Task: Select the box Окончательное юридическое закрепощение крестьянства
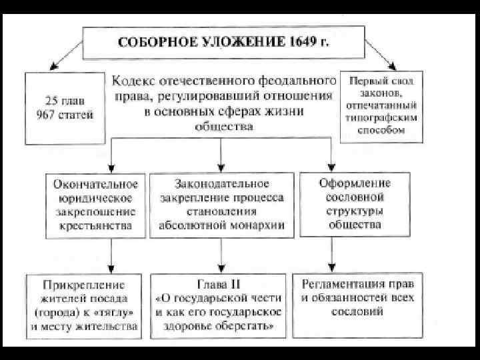click(x=91, y=205)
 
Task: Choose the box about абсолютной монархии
click(x=221, y=205)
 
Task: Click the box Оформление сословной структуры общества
click(x=354, y=205)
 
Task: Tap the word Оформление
click(x=355, y=183)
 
